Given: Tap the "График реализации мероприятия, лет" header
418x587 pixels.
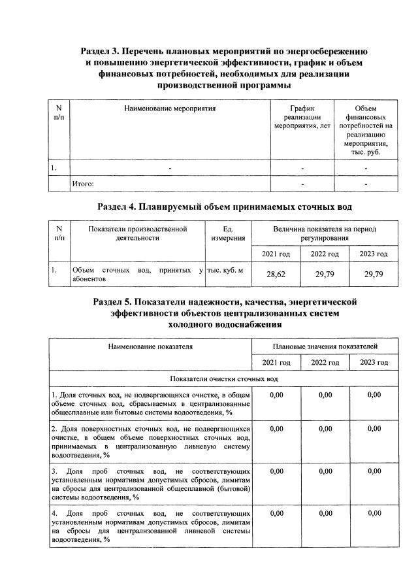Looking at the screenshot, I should coord(302,116).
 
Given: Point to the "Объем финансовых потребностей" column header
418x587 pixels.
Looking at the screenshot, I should coord(366,129).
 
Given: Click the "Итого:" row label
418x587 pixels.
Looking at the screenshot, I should coord(83,184).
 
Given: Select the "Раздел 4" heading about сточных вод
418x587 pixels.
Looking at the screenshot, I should coord(225,207).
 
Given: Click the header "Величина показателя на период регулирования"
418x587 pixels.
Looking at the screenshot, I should coord(324,234).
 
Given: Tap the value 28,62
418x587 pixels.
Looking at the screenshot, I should coord(274,275).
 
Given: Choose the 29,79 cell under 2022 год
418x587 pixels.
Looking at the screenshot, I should coord(325,275).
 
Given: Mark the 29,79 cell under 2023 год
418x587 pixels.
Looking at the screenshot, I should coord(374,275).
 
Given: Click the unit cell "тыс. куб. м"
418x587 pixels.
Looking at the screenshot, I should coord(227,270).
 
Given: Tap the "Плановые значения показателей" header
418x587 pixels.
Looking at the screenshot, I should coord(324,345).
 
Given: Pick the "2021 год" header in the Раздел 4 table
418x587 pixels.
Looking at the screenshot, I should coord(274,253).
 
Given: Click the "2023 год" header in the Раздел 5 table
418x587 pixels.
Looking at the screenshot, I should coord(374,362).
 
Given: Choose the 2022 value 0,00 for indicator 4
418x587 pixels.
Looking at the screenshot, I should coord(325,513).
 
